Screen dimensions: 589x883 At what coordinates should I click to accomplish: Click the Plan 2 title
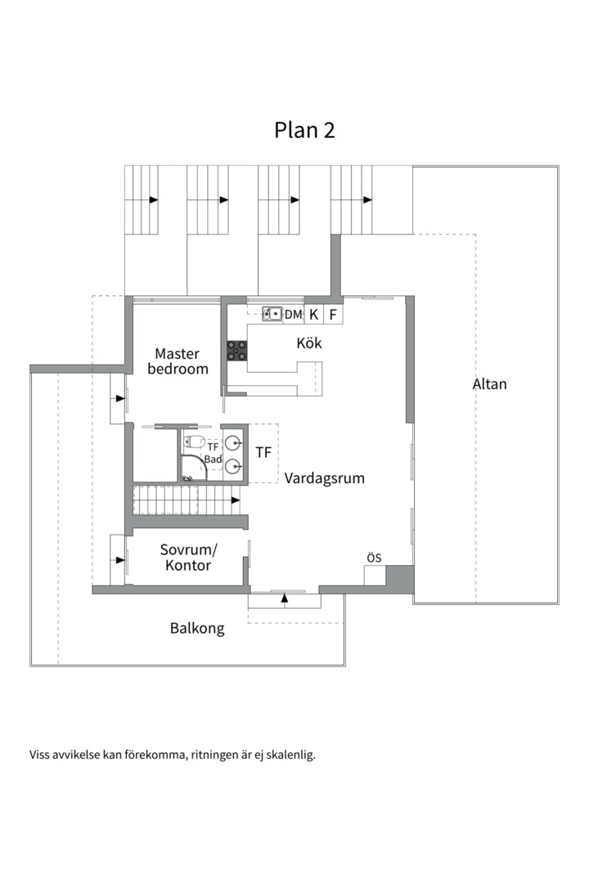(x=304, y=130)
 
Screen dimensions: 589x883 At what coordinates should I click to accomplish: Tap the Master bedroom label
(x=178, y=361)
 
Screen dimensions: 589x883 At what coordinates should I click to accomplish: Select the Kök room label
(x=309, y=343)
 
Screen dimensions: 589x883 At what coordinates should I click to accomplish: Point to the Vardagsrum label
(x=324, y=478)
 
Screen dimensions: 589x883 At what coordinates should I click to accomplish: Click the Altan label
(x=489, y=384)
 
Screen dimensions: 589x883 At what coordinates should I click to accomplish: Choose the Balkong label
(x=197, y=629)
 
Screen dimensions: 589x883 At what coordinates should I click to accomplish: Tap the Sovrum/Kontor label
(x=188, y=558)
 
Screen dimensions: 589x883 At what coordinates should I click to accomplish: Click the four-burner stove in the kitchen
(x=236, y=350)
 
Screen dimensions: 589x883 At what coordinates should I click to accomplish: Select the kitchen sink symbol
(x=272, y=313)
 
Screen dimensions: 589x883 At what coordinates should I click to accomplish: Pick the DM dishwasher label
(x=293, y=314)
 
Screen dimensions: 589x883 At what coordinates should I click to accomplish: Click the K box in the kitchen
(x=314, y=314)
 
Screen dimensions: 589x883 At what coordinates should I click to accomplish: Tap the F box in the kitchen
(x=333, y=314)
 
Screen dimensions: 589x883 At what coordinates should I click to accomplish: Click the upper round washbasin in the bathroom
(x=233, y=443)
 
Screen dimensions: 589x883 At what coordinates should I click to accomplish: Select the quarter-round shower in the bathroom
(x=193, y=468)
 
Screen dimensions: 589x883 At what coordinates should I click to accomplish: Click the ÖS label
(x=374, y=558)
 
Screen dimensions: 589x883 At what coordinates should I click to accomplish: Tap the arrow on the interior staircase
(x=236, y=500)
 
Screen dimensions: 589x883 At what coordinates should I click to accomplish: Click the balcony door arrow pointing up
(x=285, y=598)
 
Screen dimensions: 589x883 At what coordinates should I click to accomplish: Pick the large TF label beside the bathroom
(x=263, y=452)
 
